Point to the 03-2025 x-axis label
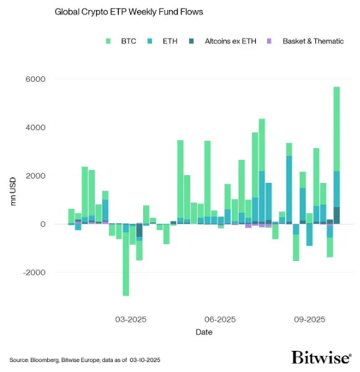(x=130, y=320)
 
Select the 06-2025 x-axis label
(x=219, y=320)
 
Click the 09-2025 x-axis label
(x=309, y=320)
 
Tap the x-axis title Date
(x=204, y=333)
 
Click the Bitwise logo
(x=321, y=358)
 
